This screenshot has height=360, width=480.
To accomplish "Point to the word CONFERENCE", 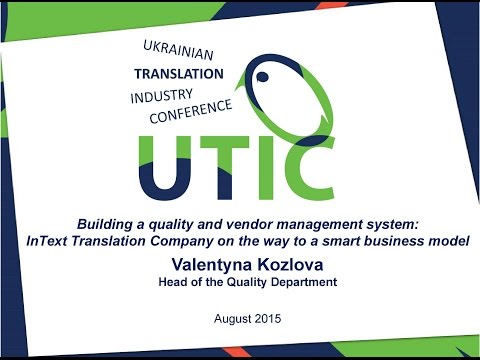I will click(x=190, y=110).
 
